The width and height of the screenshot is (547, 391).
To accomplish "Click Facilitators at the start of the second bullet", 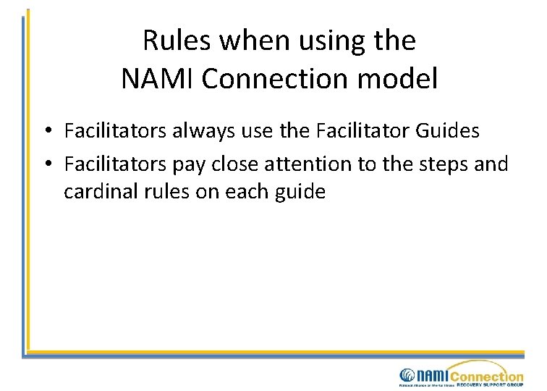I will pos(116,164).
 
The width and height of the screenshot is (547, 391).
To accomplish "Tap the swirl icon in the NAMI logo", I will pos(407,375).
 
